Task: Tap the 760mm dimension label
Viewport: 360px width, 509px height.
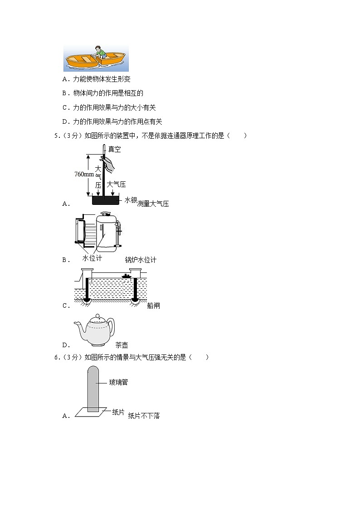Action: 84,174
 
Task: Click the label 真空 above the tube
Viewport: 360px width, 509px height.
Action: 115,149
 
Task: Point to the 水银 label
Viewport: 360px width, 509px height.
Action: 131,200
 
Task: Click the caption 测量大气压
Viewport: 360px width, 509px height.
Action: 153,204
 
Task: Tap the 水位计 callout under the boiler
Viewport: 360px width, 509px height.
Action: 92,258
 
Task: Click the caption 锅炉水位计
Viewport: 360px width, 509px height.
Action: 141,260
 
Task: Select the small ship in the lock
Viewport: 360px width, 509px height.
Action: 126,276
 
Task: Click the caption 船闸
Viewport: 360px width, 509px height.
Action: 154,305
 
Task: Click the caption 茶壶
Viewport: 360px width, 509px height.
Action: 122,345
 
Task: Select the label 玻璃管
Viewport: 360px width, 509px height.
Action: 118,382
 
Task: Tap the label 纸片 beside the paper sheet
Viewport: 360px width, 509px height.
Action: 118,412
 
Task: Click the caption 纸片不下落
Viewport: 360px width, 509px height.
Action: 144,415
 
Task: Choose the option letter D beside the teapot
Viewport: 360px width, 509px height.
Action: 66,345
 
